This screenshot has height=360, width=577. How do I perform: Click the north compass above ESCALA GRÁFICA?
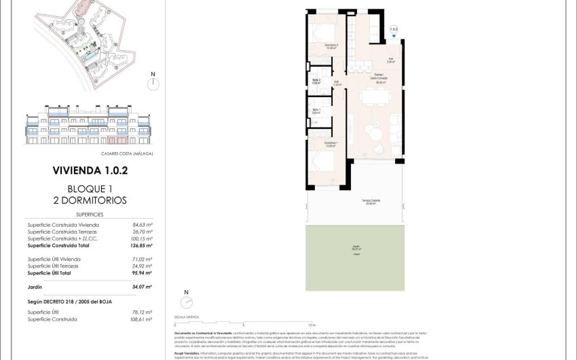[x=186, y=303]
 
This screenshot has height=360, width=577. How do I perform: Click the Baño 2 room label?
[x=316, y=81]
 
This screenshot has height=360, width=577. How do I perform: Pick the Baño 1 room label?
[x=316, y=111]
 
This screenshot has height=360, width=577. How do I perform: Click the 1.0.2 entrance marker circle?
[x=394, y=30]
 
